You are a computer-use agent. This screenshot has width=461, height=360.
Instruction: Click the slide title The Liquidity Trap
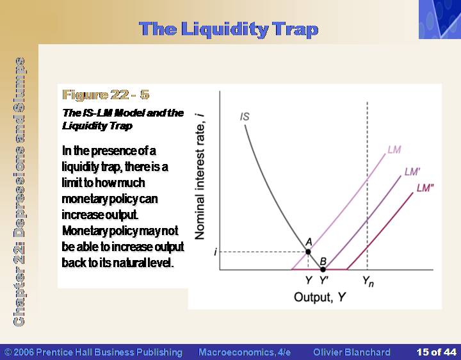click(x=229, y=29)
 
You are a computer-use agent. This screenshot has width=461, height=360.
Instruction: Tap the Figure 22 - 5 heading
click(x=106, y=95)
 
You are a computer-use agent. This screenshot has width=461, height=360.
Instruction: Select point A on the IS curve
click(x=308, y=252)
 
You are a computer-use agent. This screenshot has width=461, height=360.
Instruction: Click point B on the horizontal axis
click(x=323, y=269)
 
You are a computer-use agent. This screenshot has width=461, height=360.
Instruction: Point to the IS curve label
click(x=245, y=117)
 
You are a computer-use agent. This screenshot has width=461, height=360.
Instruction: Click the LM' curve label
click(x=412, y=172)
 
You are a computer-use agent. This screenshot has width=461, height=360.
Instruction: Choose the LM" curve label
click(x=425, y=188)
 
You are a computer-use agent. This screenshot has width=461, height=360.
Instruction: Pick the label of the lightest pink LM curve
click(x=394, y=150)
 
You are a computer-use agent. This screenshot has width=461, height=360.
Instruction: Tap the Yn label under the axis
click(x=368, y=281)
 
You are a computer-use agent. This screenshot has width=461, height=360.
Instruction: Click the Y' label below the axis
click(x=324, y=280)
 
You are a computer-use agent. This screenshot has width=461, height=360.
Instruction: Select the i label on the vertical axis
click(x=216, y=252)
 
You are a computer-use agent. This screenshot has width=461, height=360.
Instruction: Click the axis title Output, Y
click(x=319, y=297)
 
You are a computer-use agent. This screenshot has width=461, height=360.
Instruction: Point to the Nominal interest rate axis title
click(x=200, y=176)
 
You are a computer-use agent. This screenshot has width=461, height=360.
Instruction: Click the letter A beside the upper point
click(x=309, y=241)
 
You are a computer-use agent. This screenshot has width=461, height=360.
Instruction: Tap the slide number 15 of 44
click(x=436, y=352)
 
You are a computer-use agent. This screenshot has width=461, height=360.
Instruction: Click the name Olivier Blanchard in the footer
click(x=352, y=352)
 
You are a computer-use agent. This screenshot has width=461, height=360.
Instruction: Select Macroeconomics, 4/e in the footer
click(x=245, y=352)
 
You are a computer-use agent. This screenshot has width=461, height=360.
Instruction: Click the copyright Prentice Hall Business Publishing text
click(x=93, y=352)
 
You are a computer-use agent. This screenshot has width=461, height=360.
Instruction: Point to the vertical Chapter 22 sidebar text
click(x=19, y=192)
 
